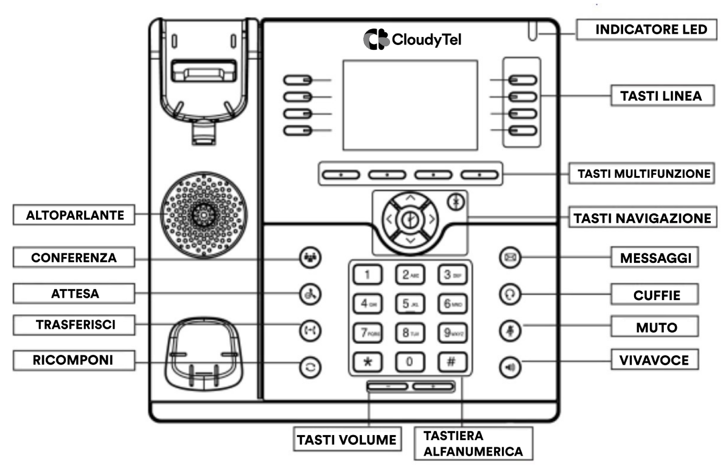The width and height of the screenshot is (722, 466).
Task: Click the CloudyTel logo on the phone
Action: click(x=412, y=39)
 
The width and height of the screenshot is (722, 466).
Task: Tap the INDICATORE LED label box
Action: click(x=646, y=30)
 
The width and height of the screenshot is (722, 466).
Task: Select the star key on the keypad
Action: click(x=368, y=362)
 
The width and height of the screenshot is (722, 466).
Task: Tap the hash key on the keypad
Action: click(x=452, y=362)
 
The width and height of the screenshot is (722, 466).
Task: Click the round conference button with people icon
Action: click(x=310, y=258)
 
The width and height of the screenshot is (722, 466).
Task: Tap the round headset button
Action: click(x=510, y=294)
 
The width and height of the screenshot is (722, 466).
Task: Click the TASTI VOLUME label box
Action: click(x=347, y=439)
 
